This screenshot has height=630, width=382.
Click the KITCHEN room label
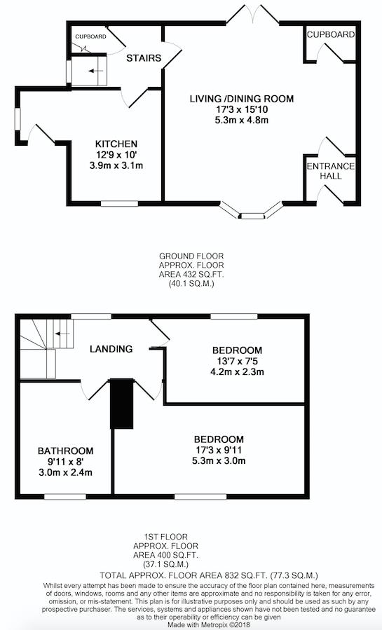(116, 144)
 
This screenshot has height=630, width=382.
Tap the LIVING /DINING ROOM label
(241, 98)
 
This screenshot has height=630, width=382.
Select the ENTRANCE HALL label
(331, 171)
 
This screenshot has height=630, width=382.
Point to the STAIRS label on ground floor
(144, 58)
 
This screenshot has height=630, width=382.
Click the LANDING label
(111, 349)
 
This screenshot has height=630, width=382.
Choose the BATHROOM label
(65, 451)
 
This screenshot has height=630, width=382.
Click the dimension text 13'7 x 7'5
(237, 361)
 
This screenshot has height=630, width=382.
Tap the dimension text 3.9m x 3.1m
(116, 165)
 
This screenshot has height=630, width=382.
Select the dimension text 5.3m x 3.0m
(219, 460)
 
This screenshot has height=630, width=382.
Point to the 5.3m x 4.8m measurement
(241, 120)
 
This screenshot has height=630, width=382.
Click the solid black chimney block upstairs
(122, 404)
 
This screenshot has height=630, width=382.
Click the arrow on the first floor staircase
(62, 334)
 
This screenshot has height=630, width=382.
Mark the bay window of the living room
(252, 212)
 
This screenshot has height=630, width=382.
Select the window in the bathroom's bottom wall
(65, 497)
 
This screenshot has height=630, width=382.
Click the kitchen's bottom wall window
(119, 204)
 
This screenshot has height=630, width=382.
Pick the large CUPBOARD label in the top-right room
(331, 35)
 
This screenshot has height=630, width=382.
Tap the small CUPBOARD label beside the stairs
(91, 36)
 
